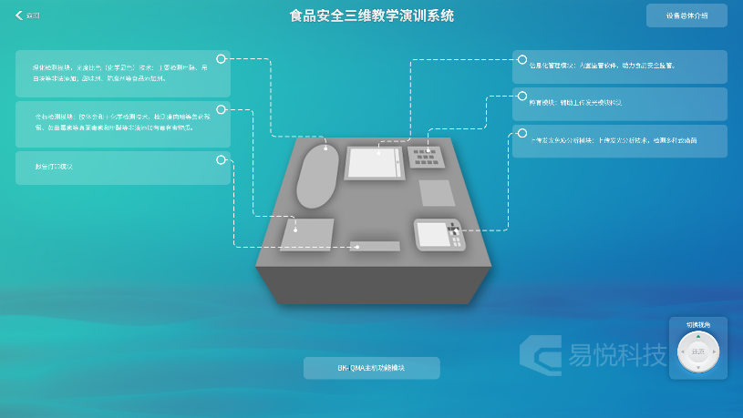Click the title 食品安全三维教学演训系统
click(x=371, y=15)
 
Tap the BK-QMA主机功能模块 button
click(x=371, y=368)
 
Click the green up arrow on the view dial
click(x=698, y=336)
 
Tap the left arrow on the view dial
click(x=682, y=352)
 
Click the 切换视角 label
click(x=698, y=324)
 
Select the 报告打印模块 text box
click(x=122, y=168)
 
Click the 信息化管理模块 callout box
click(x=620, y=66)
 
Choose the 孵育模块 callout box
click(x=620, y=103)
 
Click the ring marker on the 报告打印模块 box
click(x=221, y=160)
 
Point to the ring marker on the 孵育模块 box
click(x=522, y=96)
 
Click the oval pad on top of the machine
click(x=318, y=175)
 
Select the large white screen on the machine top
click(x=373, y=163)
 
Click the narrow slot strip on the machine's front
click(x=375, y=246)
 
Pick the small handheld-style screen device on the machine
click(x=439, y=234)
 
